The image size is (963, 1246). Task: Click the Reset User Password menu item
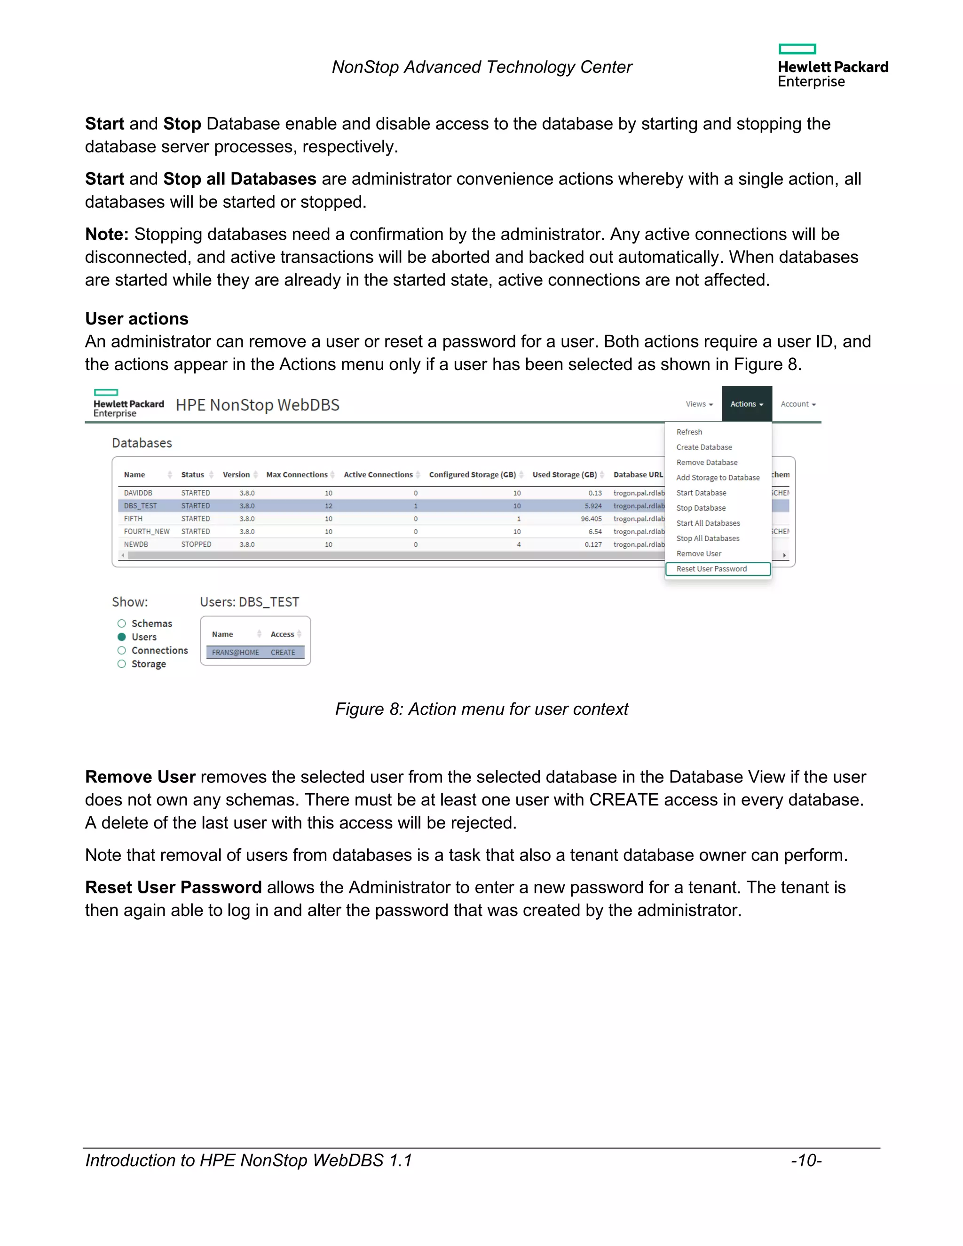pyautogui.click(x=711, y=569)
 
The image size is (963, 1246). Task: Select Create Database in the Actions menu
pyautogui.click(x=704, y=447)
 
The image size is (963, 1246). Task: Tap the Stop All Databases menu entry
pyautogui.click(x=707, y=538)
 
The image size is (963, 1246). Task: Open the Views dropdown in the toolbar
pyautogui.click(x=699, y=404)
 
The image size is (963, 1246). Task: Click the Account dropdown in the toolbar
pyautogui.click(x=797, y=404)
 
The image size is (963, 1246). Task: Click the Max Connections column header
pyautogui.click(x=297, y=475)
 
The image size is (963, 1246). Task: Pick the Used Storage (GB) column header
pyautogui.click(x=564, y=475)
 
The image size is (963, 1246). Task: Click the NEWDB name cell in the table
pyautogui.click(x=136, y=544)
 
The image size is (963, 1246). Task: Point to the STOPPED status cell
pyautogui.click(x=196, y=544)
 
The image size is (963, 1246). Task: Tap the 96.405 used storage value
pyautogui.click(x=591, y=519)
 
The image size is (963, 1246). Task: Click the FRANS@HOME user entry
pyautogui.click(x=235, y=652)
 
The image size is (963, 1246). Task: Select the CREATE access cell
pyautogui.click(x=283, y=652)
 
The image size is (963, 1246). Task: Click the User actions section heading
pyautogui.click(x=137, y=318)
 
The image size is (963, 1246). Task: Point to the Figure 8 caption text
pyautogui.click(x=481, y=709)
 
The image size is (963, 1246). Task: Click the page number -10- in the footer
pyautogui.click(x=805, y=1160)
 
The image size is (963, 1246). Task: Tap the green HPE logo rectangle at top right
pyautogui.click(x=797, y=49)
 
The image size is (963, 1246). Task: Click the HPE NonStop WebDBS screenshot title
pyautogui.click(x=257, y=405)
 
